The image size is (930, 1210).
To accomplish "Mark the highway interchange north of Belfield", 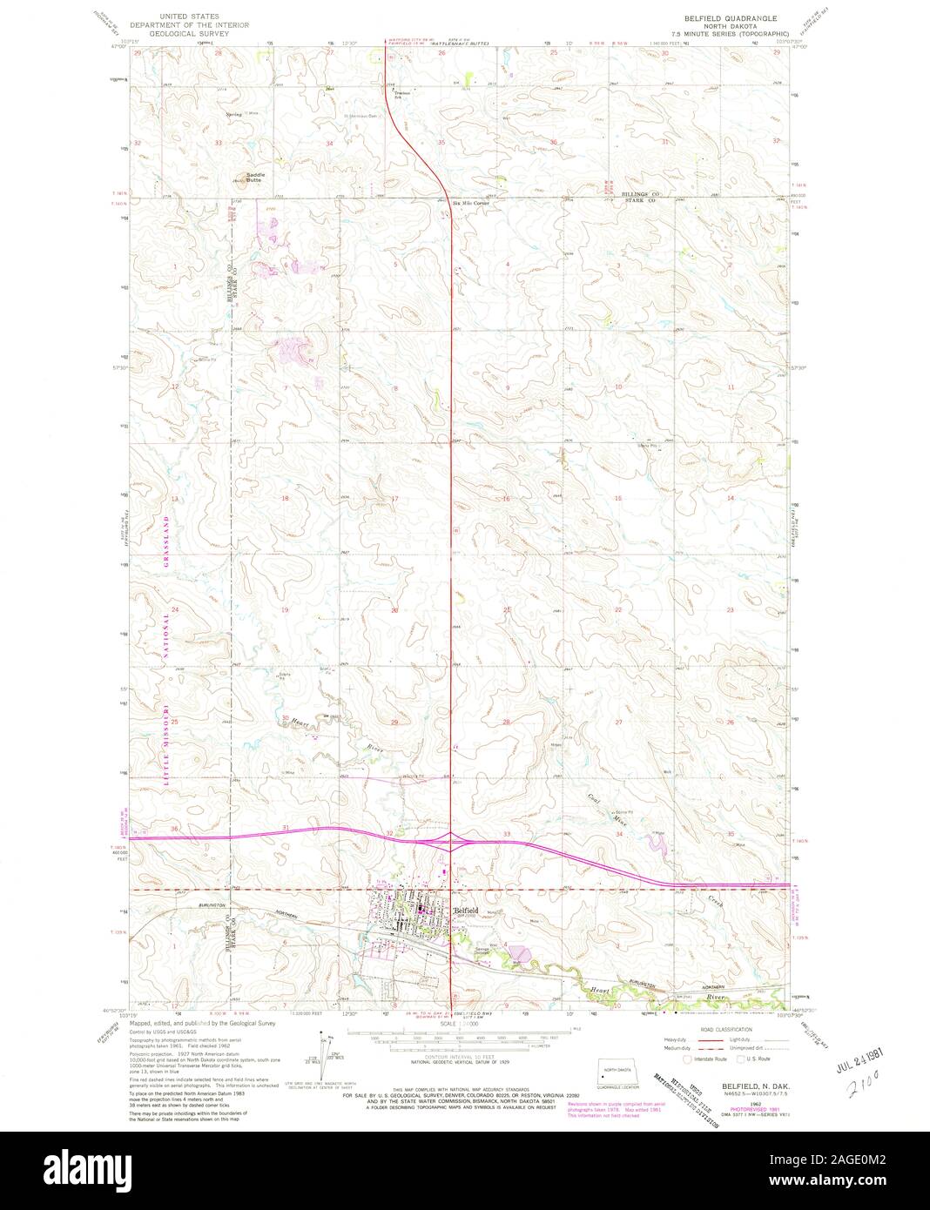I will pyautogui.click(x=450, y=839).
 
